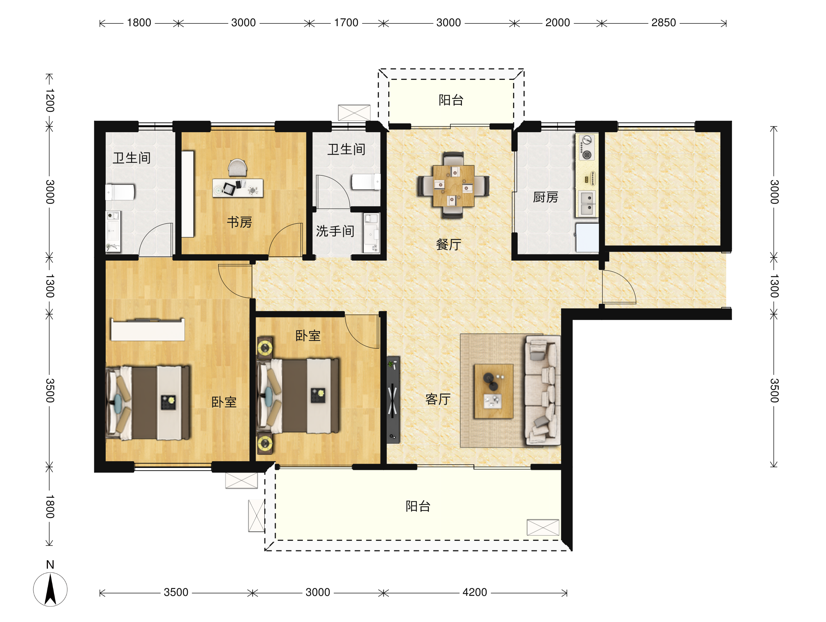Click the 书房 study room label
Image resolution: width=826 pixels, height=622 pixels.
pos(239,223)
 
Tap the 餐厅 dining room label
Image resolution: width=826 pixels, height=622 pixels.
pos(448,245)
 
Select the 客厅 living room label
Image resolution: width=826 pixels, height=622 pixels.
pos(438,399)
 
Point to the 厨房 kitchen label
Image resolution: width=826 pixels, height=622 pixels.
pos(546,197)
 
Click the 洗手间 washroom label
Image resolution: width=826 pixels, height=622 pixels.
pos(335,231)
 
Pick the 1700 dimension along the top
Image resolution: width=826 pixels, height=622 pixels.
pos(346,23)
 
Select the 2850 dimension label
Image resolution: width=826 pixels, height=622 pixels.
pos(664,23)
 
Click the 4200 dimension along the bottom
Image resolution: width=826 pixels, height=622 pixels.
pos(475,592)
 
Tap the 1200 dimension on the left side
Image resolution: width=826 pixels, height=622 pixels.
pos(50,101)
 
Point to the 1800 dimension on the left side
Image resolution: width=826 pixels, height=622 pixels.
pos(50,507)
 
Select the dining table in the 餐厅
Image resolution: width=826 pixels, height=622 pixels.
pos(453,186)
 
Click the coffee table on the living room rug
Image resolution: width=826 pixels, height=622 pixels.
pos(494,391)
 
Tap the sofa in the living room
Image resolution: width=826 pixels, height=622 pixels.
pos(542,391)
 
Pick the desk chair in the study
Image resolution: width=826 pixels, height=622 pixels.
pos(237,167)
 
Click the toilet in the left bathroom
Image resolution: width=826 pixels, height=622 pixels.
pos(120,192)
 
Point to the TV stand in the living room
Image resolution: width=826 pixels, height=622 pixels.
pos(393,400)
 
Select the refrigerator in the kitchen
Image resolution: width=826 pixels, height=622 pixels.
pos(587,238)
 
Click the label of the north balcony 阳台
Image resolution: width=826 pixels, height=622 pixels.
pos(451,100)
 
